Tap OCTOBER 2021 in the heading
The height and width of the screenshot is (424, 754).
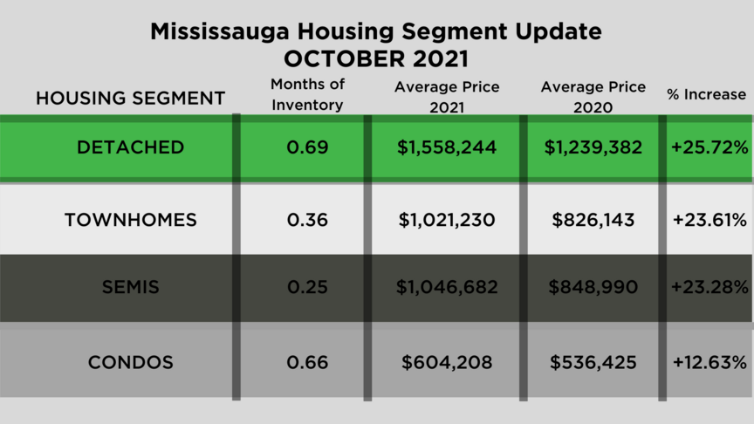(x=376, y=59)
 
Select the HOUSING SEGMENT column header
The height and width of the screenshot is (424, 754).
(x=131, y=98)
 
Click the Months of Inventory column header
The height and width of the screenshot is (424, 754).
(x=307, y=94)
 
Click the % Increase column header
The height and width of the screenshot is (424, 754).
(x=707, y=94)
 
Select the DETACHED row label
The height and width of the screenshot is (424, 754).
(x=131, y=147)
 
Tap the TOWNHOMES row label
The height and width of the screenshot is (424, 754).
(x=131, y=220)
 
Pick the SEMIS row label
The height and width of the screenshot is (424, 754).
(x=131, y=287)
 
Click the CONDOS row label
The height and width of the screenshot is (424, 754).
(x=131, y=362)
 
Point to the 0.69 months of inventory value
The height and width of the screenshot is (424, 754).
(x=307, y=147)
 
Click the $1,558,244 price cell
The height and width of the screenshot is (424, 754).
(x=447, y=147)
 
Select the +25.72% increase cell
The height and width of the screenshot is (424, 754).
(x=709, y=147)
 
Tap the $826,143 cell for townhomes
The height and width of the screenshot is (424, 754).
(x=593, y=220)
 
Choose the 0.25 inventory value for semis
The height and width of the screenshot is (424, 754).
(x=307, y=287)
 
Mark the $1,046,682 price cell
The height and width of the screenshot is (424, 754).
(x=447, y=287)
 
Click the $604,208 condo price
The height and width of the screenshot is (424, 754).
(x=447, y=362)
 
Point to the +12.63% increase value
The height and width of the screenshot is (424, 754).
(x=709, y=362)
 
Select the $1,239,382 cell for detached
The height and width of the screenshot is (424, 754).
(x=593, y=147)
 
